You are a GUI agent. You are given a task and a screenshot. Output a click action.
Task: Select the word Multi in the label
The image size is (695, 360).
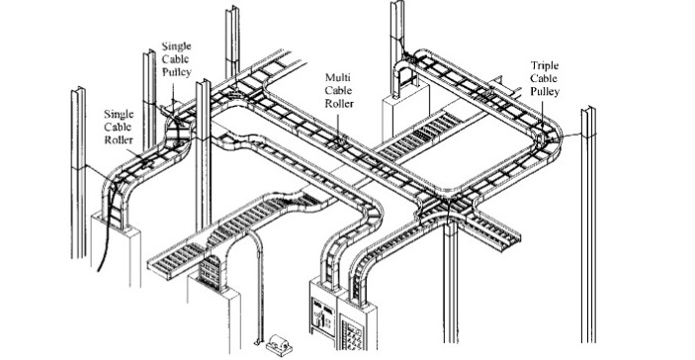coord(338,76)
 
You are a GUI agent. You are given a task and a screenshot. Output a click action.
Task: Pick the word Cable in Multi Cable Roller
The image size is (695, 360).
coord(339,89)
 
